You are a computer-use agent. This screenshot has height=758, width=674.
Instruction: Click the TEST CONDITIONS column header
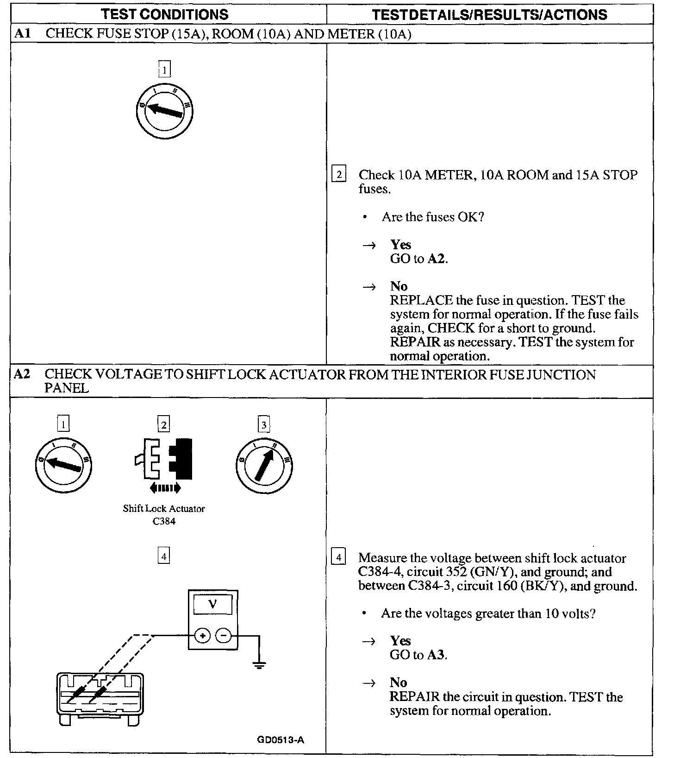(165, 14)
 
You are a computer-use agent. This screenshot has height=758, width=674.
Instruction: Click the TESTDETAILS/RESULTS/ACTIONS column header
(489, 14)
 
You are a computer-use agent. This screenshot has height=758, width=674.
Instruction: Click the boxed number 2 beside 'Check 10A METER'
(339, 175)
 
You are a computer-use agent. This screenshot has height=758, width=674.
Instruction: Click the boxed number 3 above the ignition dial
(264, 424)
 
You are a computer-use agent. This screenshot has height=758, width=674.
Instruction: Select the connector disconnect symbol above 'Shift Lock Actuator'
(164, 459)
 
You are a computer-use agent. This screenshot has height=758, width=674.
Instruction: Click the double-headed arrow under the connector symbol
(165, 487)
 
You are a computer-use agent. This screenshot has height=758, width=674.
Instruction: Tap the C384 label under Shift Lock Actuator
(164, 521)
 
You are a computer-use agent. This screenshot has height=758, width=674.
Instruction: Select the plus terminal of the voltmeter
(202, 636)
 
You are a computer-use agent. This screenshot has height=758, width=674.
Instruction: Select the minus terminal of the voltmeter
(224, 636)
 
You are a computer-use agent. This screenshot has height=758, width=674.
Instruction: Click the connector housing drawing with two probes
(99, 695)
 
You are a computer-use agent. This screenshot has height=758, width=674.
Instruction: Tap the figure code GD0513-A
(281, 739)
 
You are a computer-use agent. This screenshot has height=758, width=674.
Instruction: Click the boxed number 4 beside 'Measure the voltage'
(339, 557)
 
